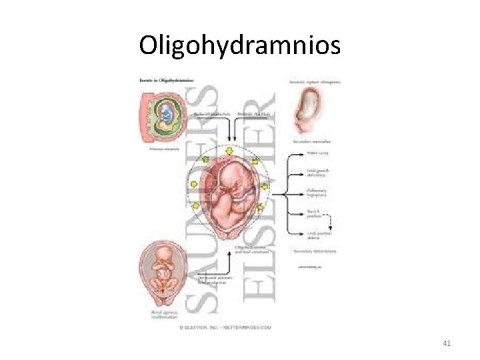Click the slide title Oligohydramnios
239,45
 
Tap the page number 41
447,343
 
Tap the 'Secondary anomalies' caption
314,142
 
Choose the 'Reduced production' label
211,115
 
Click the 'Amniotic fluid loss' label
252,115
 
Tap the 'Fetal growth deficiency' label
317,174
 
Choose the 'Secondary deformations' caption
314,251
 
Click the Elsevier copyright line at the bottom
225,327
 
